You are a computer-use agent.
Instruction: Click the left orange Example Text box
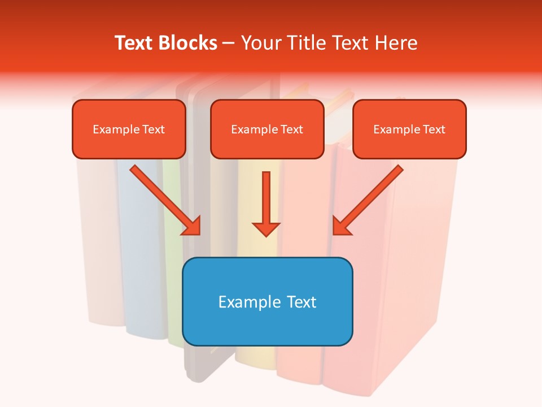click(x=129, y=129)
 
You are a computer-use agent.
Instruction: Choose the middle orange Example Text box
click(x=267, y=129)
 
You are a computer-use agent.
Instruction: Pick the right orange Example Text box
click(x=409, y=129)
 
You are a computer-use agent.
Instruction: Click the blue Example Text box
click(x=267, y=301)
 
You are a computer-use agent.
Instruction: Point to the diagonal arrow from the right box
click(x=370, y=198)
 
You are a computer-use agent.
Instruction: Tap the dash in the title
click(x=229, y=43)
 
